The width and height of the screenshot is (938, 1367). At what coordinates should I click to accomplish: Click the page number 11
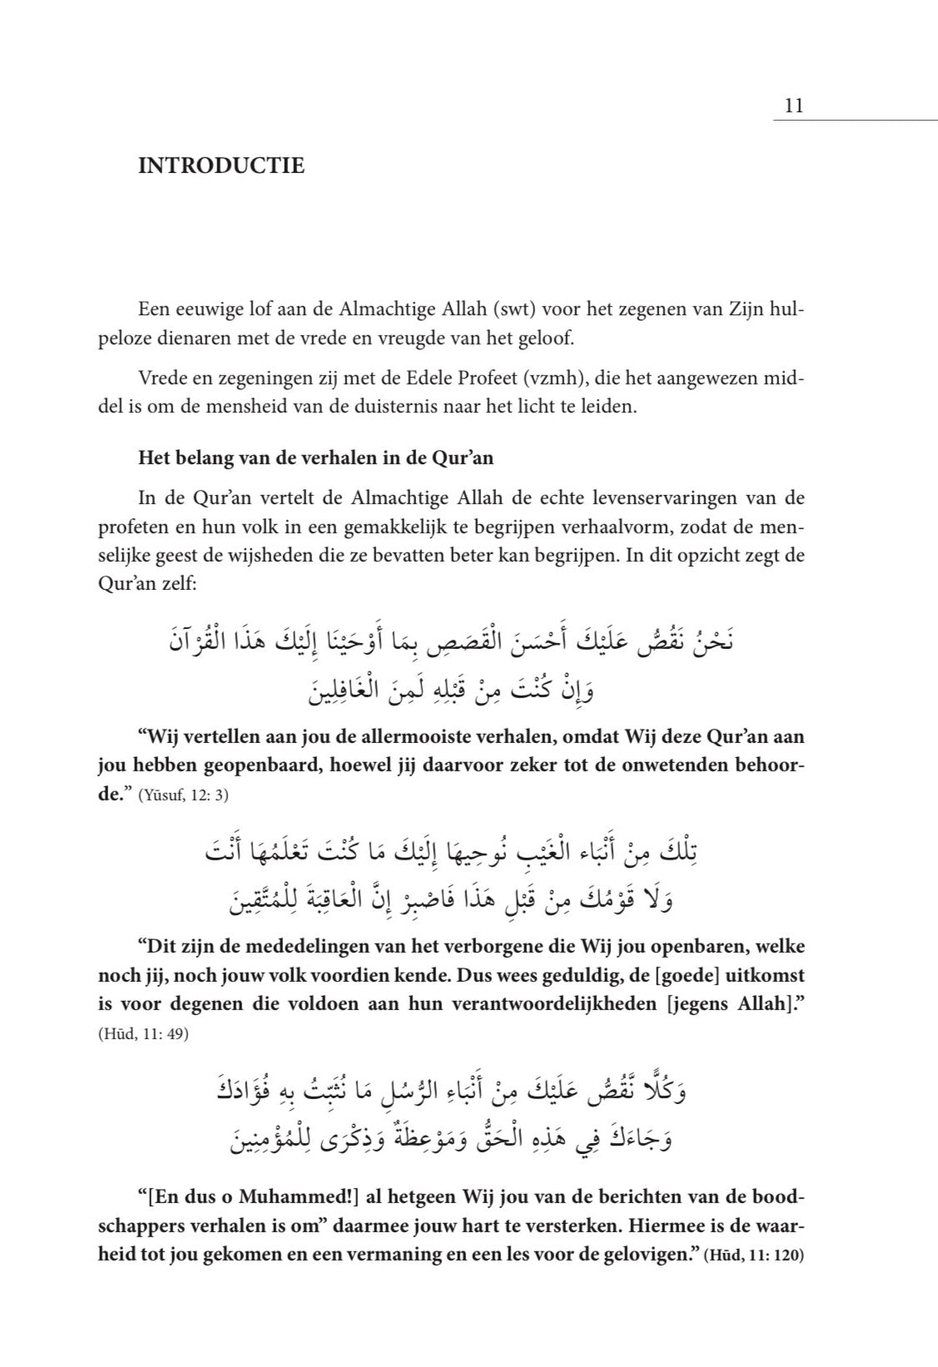tap(792, 106)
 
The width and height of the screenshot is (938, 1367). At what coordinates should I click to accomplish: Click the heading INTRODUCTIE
tap(221, 166)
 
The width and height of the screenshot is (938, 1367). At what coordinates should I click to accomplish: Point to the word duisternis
tap(406, 408)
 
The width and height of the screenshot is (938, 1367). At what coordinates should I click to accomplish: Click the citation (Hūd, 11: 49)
tap(143, 1035)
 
